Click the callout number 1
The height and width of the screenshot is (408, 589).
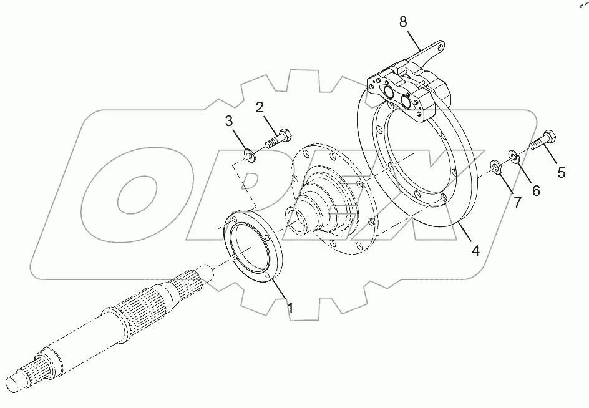coord(290,307)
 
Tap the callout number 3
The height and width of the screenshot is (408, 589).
coord(228,120)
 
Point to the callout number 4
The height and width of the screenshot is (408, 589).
coord(475,251)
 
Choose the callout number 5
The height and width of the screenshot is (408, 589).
coord(562,173)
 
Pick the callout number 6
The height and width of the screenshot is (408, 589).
coord(535,192)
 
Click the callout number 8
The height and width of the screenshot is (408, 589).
coord(403,22)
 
